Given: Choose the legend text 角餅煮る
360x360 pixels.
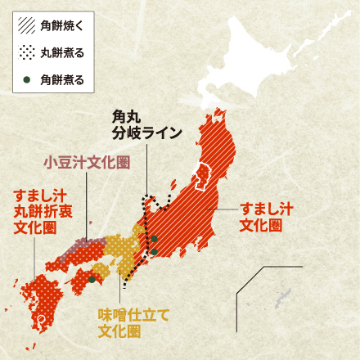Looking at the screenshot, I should (62, 79).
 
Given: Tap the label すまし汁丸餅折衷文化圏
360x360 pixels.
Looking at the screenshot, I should (40, 211).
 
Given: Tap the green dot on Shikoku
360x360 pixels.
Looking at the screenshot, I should (92, 279).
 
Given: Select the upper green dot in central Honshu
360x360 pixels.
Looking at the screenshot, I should (154, 239).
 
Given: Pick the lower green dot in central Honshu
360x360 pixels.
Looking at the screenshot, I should (154, 251).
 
